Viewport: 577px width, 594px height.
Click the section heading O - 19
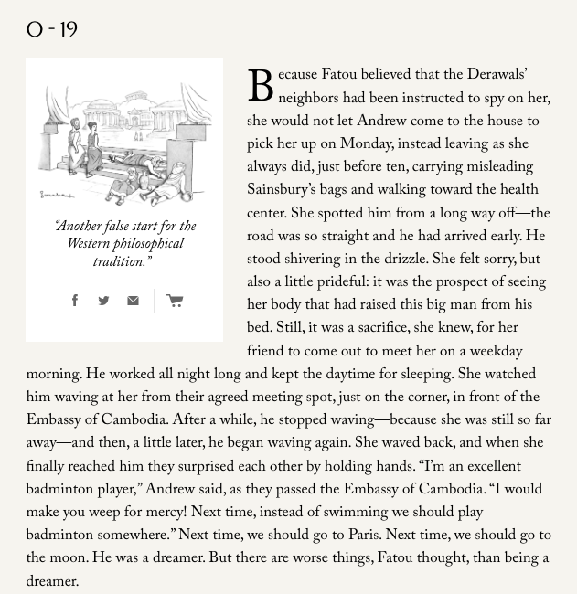pos(52,30)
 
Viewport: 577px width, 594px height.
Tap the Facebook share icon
pos(75,301)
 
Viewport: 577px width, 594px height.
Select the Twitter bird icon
pos(103,301)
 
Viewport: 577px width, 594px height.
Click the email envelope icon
pos(133,301)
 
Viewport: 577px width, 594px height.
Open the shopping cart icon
pos(175,301)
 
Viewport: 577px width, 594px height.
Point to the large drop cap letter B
pos(261,89)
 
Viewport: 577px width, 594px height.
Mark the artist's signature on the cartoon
pos(56,195)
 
